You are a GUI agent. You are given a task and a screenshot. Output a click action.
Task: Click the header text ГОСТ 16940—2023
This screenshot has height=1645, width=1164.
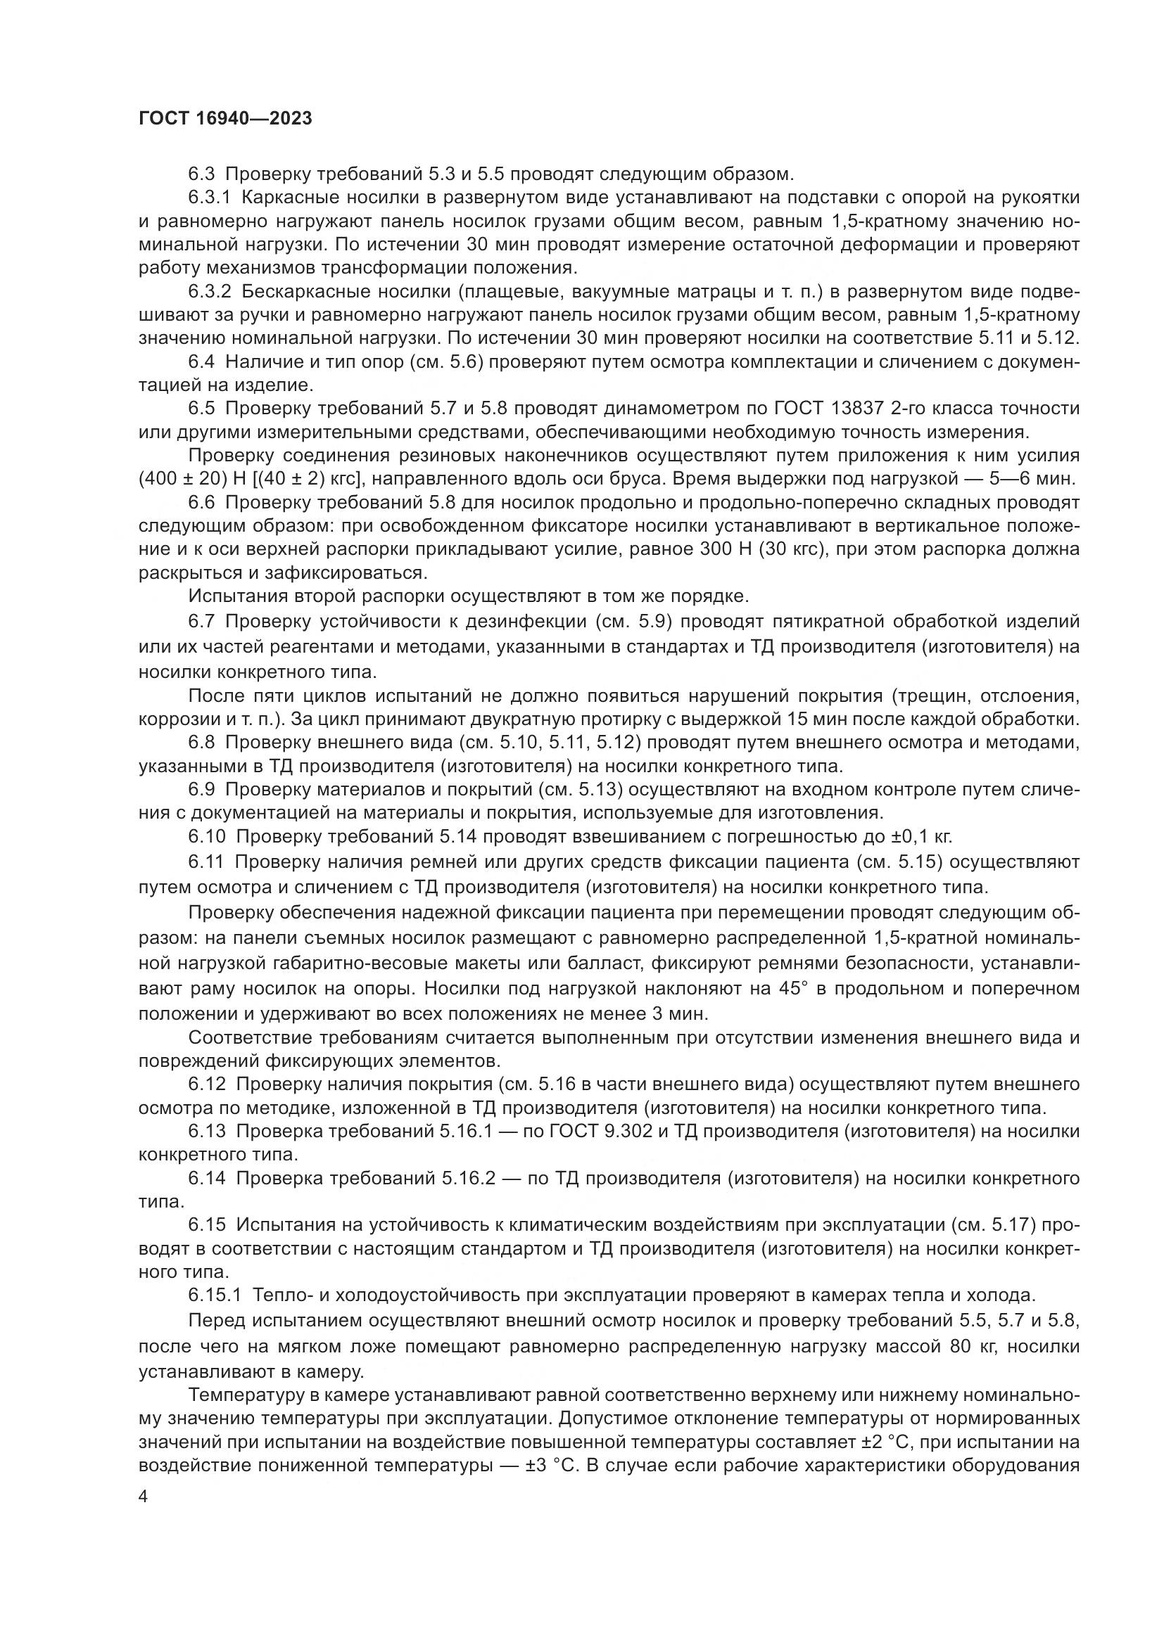click(225, 118)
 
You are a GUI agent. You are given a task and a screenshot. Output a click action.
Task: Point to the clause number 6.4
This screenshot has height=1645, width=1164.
click(202, 361)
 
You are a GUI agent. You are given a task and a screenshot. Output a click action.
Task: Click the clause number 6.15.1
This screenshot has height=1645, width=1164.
click(216, 1295)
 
